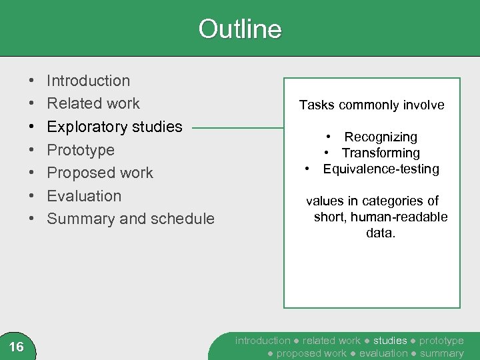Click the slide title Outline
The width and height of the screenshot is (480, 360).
240,29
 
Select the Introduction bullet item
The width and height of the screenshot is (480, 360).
89,81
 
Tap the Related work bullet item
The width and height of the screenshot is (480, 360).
93,103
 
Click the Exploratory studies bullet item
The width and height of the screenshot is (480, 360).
115,127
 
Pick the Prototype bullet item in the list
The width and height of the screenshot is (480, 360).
81,150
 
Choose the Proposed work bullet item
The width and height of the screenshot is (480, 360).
100,173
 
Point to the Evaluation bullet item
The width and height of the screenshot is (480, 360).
84,196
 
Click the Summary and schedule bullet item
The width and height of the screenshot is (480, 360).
131,219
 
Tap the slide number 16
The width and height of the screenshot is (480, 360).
17,347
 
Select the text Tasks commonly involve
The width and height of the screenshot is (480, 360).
371,105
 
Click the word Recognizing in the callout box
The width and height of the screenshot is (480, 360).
381,137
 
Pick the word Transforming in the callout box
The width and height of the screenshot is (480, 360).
381,153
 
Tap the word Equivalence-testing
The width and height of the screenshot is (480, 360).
381,169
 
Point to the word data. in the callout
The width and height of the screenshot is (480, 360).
381,233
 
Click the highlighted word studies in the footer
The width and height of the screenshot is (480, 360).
389,341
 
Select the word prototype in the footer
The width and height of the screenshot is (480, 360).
441,341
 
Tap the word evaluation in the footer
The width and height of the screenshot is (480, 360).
383,353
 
